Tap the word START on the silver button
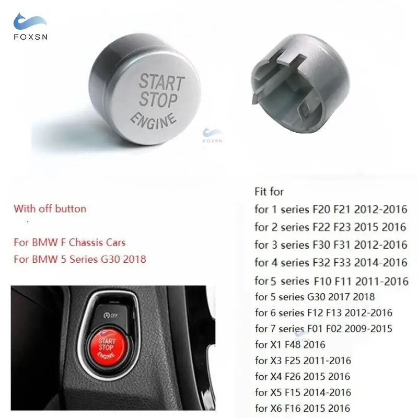tap(161, 82)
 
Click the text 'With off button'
tap(50, 208)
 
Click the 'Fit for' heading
tap(269, 192)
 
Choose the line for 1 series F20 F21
tap(331, 210)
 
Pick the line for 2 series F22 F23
tap(330, 227)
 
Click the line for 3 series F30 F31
tap(331, 245)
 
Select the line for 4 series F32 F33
tap(331, 262)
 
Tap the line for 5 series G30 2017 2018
tap(315, 297)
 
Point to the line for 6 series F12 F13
tap(323, 313)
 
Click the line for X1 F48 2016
tap(290, 344)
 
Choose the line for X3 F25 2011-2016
tap(303, 361)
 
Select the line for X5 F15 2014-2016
tap(303, 392)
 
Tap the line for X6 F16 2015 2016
tap(302, 409)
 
